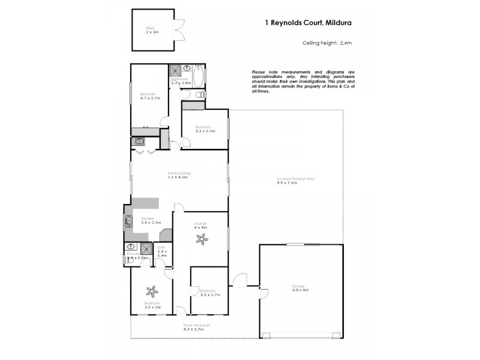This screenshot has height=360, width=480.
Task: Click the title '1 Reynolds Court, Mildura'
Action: click(308, 23)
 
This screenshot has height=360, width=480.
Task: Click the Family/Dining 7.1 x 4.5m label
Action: click(179, 176)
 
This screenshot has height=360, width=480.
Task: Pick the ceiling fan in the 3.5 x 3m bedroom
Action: click(152, 291)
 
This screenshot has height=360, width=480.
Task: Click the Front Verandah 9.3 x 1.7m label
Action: click(197, 327)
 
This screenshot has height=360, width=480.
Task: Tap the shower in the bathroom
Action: click(175, 69)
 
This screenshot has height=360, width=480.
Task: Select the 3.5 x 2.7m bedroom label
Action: click(209, 293)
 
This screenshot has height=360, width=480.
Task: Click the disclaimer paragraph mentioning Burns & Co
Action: click(304, 82)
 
